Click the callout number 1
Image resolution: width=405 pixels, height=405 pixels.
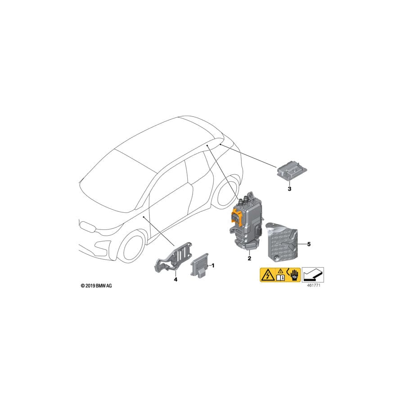213,265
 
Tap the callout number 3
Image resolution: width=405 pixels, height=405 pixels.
289,189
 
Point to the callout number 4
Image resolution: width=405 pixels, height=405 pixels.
175,279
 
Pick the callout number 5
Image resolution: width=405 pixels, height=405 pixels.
309,244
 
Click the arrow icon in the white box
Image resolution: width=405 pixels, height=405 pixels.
312,274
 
